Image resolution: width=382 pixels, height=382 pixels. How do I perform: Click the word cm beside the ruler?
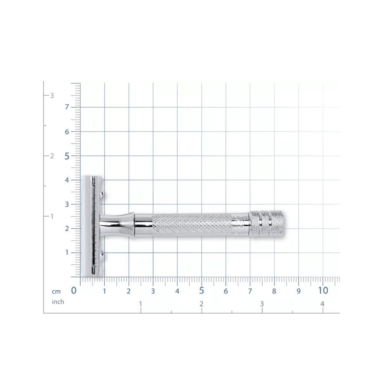tap(56, 291)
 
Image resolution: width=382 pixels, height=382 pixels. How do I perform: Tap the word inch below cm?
tap(58, 302)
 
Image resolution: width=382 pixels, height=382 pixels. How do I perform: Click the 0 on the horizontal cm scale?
tap(74, 290)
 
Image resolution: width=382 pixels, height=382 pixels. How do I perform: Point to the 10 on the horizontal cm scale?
tap(323, 290)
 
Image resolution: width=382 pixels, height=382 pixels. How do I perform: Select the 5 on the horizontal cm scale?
tap(201, 290)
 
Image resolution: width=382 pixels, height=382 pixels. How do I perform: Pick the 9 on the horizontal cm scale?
tap(299, 291)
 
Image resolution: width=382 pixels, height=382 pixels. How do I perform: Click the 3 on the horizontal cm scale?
tap(153, 291)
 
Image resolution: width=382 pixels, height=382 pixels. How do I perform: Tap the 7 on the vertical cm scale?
tap(67, 107)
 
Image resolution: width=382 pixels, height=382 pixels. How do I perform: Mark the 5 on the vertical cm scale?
tap(67, 156)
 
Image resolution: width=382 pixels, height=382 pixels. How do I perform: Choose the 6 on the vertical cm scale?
tap(67, 132)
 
